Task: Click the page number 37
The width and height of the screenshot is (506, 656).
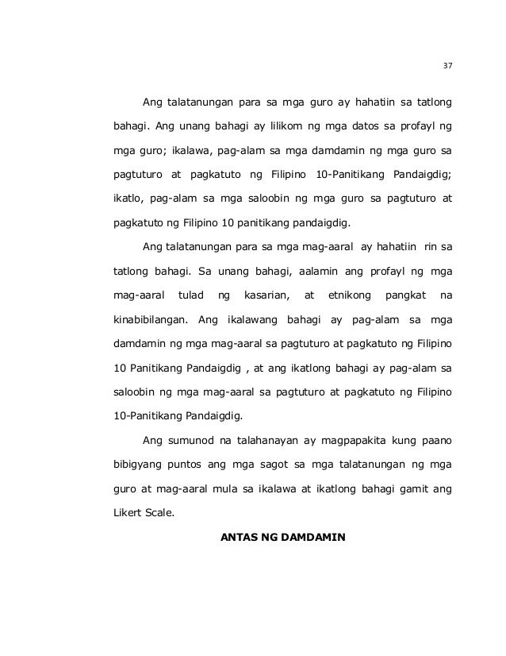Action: [447, 66]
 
